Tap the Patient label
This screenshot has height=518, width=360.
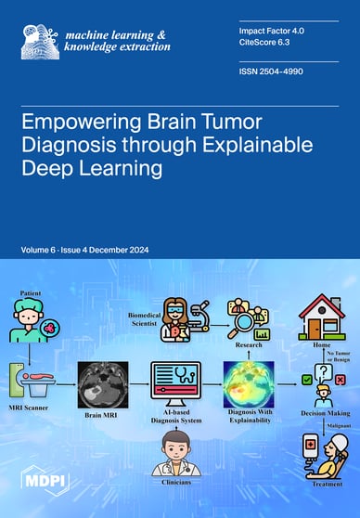tap(31, 292)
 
